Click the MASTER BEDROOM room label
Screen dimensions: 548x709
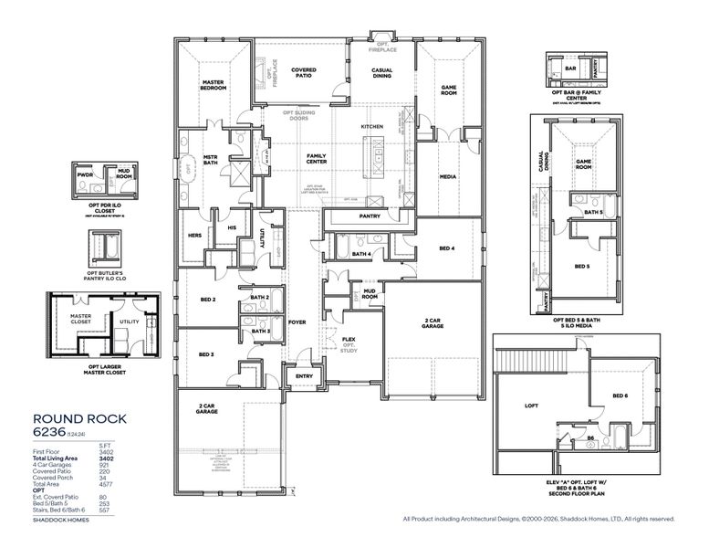(x=214, y=85)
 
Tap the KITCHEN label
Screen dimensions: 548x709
(x=371, y=126)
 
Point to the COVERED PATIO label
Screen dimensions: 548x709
(x=304, y=73)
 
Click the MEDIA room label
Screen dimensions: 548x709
(x=447, y=176)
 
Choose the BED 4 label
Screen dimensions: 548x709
(x=446, y=248)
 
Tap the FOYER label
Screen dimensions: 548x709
(x=297, y=321)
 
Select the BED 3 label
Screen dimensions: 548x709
(x=206, y=353)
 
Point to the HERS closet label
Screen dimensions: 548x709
(x=194, y=235)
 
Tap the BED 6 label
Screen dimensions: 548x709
(x=620, y=395)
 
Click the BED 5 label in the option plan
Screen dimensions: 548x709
(x=581, y=267)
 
